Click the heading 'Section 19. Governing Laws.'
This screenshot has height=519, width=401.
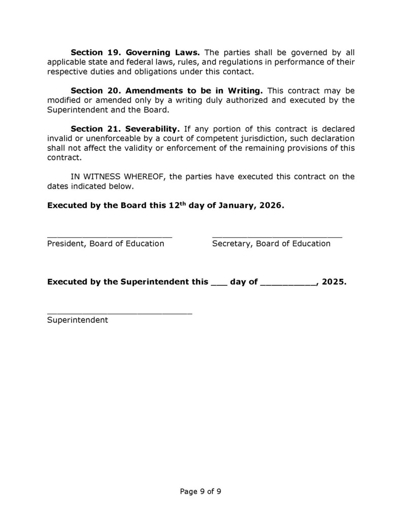135,52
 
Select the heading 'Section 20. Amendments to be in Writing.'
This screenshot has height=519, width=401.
166,91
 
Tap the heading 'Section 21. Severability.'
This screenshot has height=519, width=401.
125,129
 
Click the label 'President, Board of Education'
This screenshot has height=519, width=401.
105,244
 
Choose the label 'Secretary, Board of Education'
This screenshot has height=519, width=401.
271,244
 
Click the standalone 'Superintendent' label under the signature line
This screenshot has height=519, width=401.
78,320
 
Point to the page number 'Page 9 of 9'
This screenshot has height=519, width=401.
201,491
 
